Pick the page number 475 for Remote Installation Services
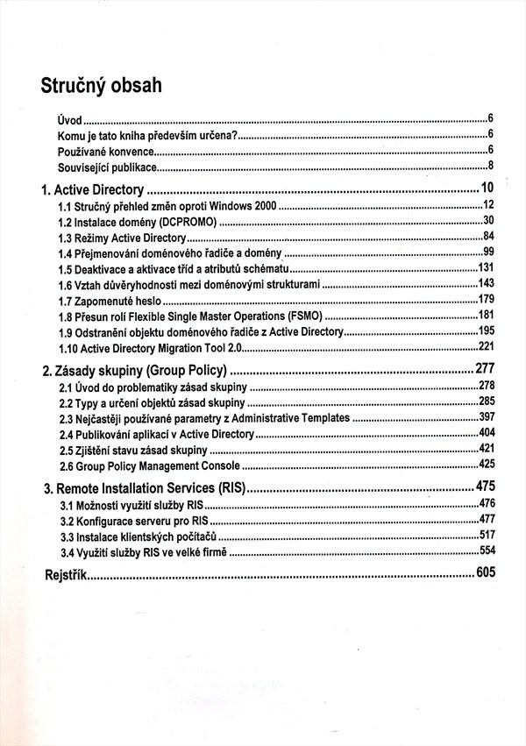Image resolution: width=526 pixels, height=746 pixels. (x=486, y=485)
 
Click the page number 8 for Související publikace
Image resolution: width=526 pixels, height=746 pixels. (x=492, y=166)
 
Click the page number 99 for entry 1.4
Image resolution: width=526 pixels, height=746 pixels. (x=489, y=252)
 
